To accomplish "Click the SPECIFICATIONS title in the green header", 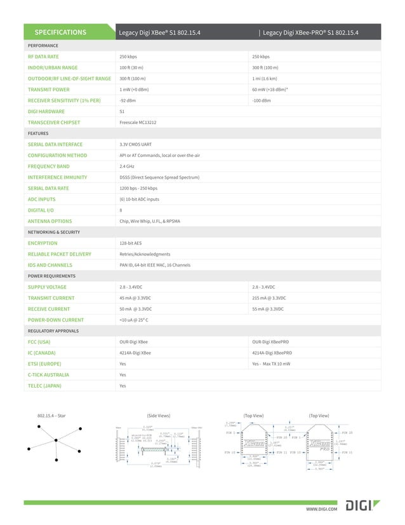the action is coord(60,32).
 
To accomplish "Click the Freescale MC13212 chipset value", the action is coord(139,123).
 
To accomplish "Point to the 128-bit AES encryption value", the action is coord(131,243).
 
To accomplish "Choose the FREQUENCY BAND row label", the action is coord(48,167).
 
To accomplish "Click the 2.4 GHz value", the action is coord(126,167).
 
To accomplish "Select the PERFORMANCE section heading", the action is coord(43,46).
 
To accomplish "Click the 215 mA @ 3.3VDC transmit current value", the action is coord(269,298).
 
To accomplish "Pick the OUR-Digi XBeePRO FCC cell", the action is coord(272,342).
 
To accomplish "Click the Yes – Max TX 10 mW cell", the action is coord(271,364).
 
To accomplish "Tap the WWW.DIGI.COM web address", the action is coord(321,509).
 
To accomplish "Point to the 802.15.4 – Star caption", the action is coord(51,416).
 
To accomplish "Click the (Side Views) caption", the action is coord(159,416).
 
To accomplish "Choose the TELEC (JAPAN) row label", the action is coord(44,386).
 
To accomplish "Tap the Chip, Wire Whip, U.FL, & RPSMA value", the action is coord(150,221).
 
